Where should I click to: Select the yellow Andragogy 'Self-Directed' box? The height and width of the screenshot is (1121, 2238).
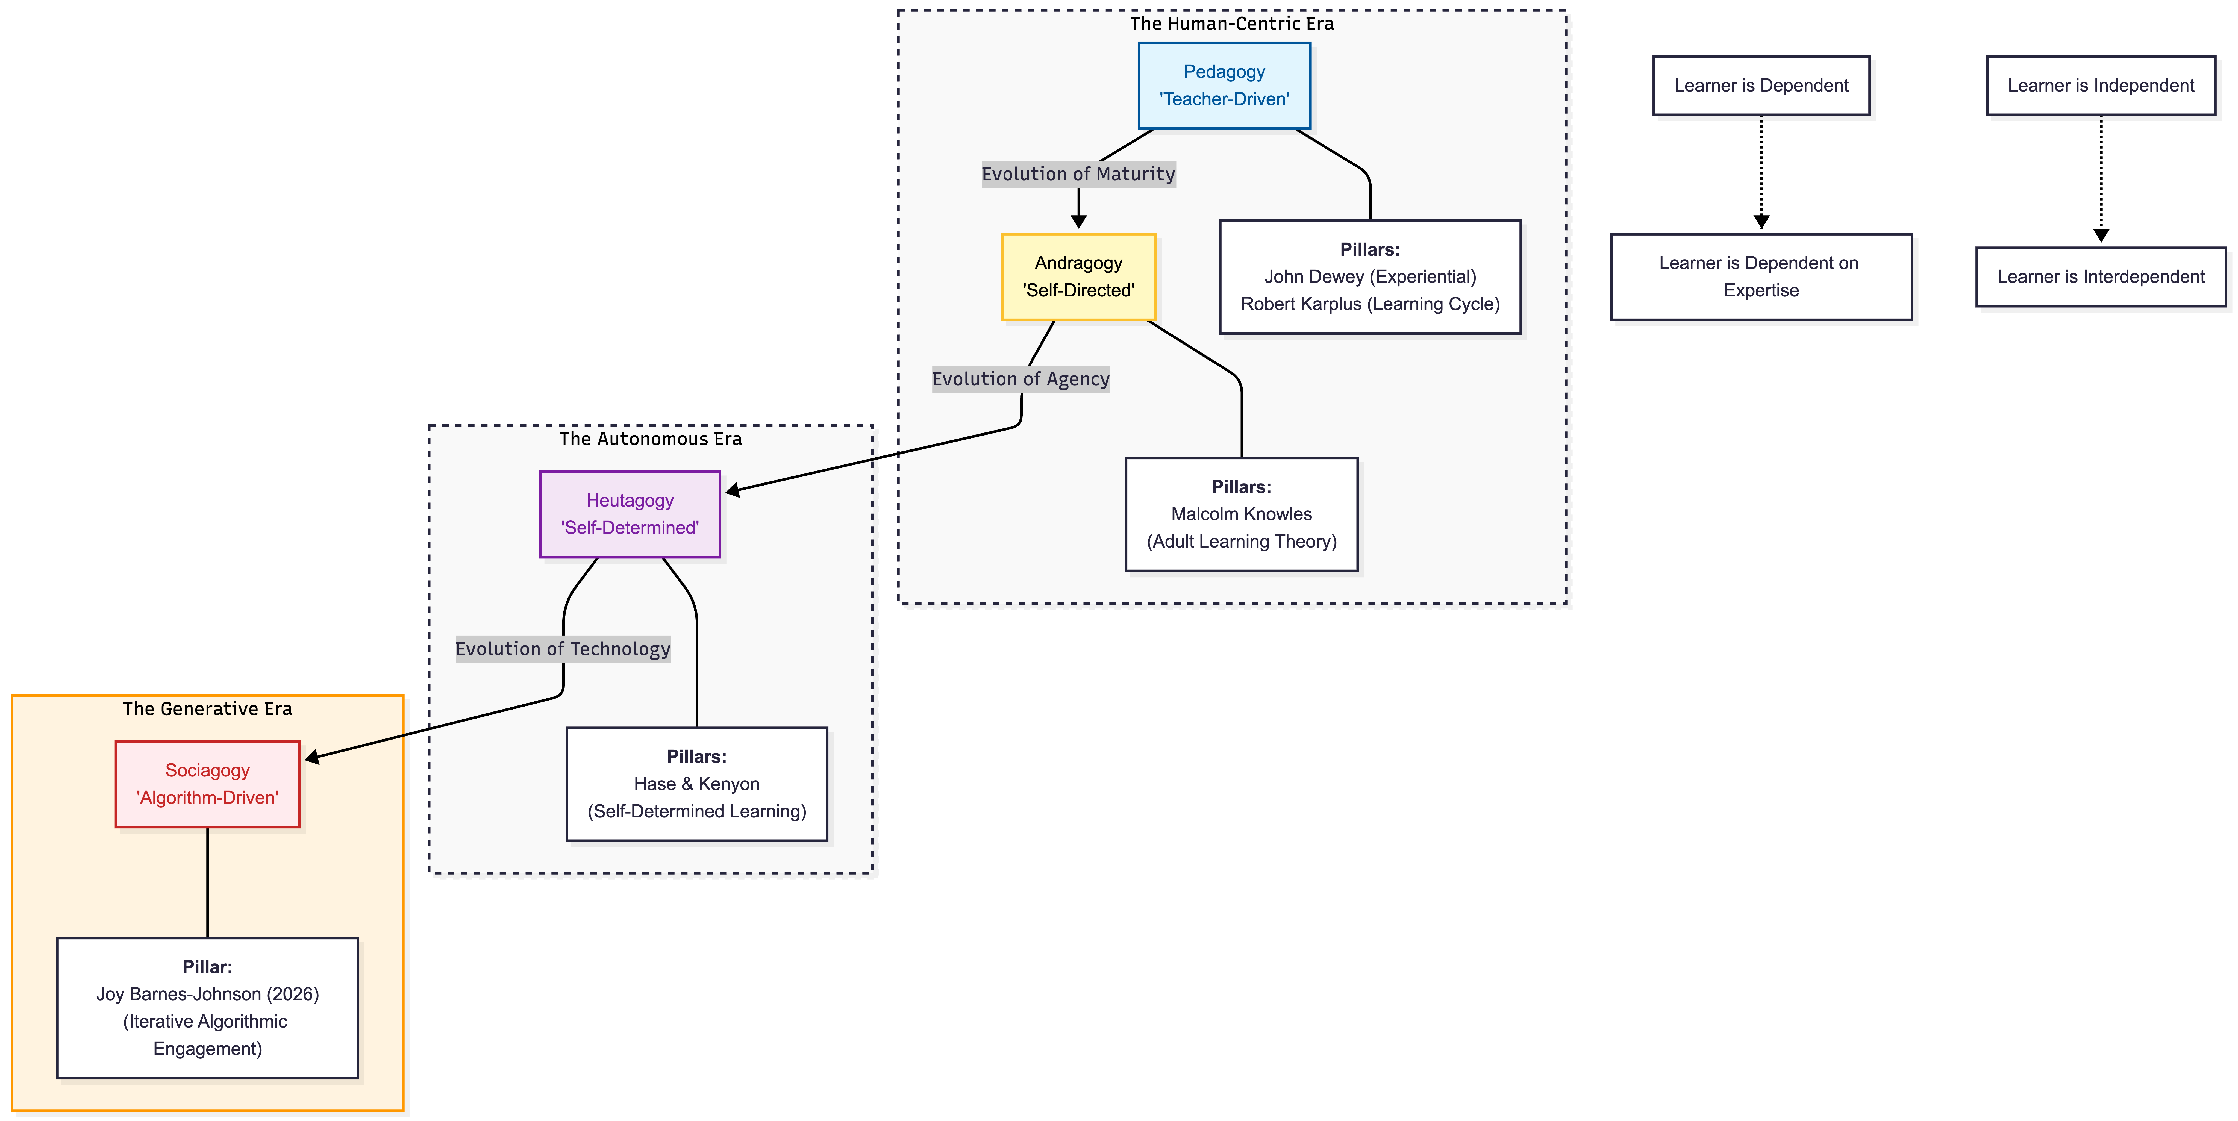point(1078,276)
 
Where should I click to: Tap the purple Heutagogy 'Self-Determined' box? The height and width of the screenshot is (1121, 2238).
point(630,514)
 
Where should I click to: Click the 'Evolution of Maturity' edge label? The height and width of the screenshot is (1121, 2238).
point(1078,174)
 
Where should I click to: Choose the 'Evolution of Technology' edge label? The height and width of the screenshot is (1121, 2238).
point(563,649)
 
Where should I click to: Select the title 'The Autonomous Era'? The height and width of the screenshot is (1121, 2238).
point(651,439)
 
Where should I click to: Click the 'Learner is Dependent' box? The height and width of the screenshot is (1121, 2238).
point(1761,85)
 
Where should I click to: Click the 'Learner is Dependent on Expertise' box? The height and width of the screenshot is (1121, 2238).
point(1761,276)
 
